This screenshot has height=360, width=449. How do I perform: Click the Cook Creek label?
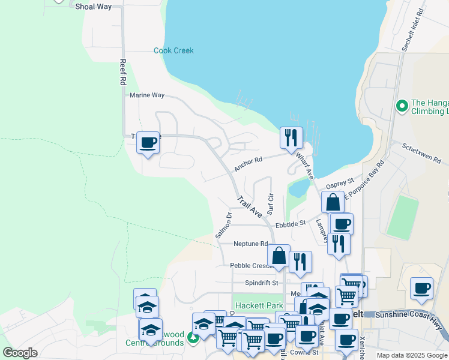(173, 50)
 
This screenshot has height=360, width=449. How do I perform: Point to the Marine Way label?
(147, 95)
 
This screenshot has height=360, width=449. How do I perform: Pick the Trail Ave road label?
(249, 206)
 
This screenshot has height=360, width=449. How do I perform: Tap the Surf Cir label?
(270, 204)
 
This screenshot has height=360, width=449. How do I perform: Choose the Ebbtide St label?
(291, 224)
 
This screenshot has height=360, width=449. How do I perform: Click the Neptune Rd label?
(251, 244)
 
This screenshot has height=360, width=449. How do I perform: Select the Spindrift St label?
(262, 283)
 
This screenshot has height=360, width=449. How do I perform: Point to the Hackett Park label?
(258, 305)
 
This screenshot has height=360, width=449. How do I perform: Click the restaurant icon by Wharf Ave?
(291, 137)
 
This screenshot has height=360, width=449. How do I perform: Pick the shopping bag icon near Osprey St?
(333, 202)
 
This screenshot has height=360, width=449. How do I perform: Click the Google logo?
(20, 353)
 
